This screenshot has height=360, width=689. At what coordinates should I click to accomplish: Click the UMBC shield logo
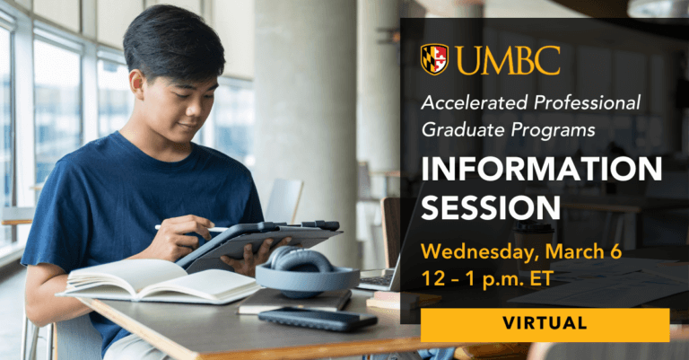pos(434,59)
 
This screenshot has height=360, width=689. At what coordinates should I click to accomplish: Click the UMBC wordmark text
pos(508,59)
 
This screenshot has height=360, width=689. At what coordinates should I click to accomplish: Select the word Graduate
pos(459,129)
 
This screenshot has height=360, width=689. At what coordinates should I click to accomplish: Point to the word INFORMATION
pos(541,169)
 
